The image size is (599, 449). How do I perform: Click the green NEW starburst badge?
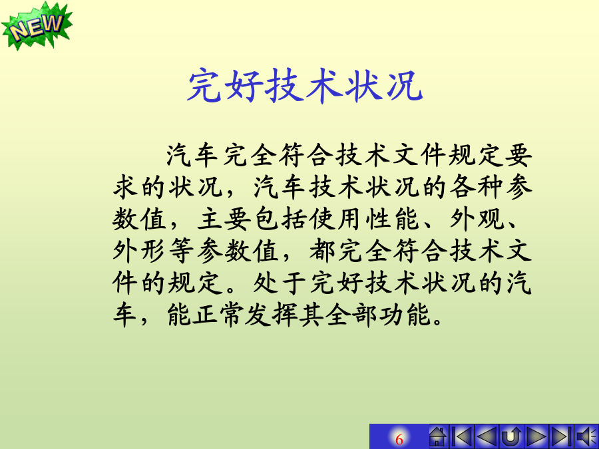point(37,26)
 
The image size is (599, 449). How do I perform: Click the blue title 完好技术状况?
point(305,86)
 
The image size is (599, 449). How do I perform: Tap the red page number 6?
point(399,439)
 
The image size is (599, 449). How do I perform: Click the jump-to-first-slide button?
point(461,436)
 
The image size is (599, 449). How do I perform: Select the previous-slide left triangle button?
point(487,436)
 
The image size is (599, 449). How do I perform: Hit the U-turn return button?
point(511,436)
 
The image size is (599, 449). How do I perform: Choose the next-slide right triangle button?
point(536,436)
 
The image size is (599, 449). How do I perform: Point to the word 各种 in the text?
point(477,188)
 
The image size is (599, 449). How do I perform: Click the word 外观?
point(477,220)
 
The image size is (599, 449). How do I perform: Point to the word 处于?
point(280,283)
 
